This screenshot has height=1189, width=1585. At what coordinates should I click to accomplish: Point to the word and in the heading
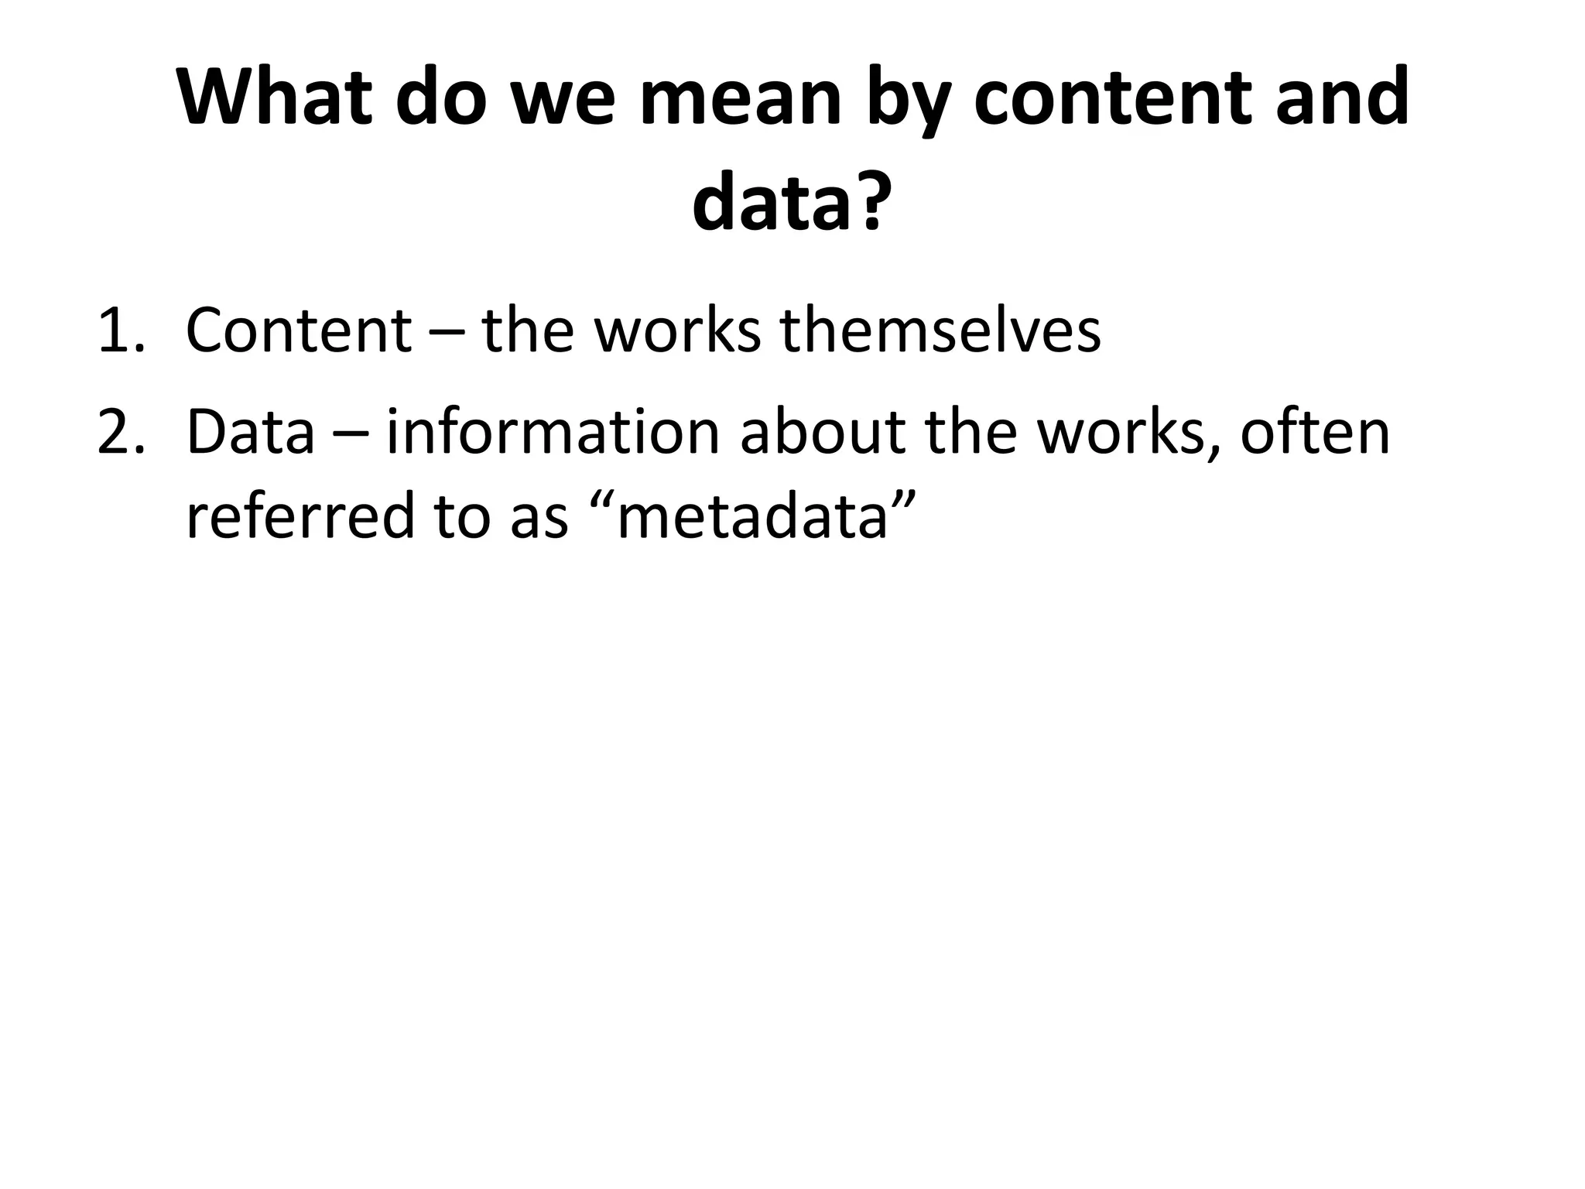[x=1342, y=98]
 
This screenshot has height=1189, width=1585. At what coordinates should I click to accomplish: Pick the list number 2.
[x=121, y=433]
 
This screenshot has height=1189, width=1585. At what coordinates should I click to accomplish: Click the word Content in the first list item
[x=298, y=331]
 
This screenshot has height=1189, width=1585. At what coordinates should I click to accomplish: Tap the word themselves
[x=940, y=331]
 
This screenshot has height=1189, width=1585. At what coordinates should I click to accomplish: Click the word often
[x=1315, y=433]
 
